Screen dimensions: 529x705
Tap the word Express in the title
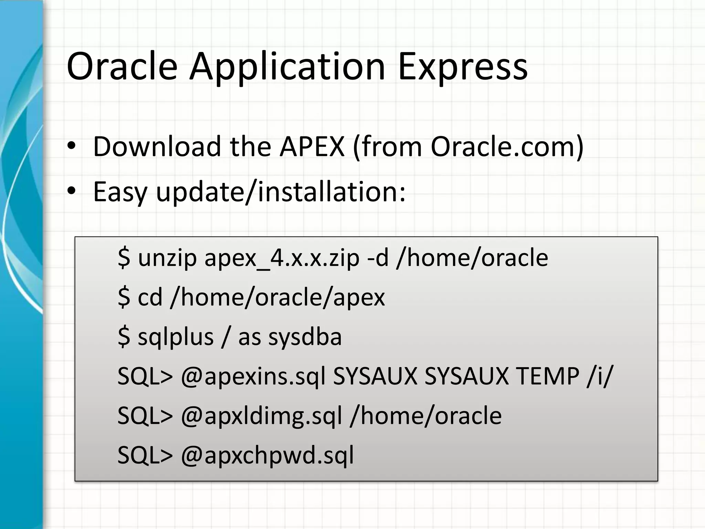(x=463, y=67)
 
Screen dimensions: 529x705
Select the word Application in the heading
(x=287, y=67)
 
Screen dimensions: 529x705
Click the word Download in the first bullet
(x=157, y=147)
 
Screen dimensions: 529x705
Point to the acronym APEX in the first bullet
(x=312, y=147)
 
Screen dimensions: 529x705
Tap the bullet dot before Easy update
(x=71, y=191)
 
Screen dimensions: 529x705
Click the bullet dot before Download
(x=71, y=147)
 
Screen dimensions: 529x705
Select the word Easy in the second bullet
(x=120, y=192)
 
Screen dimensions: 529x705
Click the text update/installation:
(x=281, y=191)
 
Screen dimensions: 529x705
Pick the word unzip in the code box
(x=167, y=258)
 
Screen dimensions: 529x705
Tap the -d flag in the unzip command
(x=378, y=258)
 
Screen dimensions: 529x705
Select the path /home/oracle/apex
(x=277, y=298)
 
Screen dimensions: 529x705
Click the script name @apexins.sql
(x=253, y=376)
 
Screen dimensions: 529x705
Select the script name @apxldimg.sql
(x=261, y=416)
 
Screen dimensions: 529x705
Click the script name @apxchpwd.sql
(x=267, y=455)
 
